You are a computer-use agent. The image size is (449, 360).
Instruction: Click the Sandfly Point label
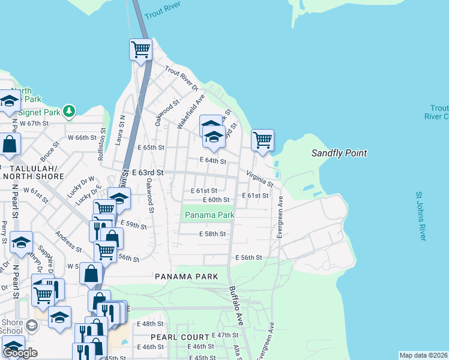coord(339,154)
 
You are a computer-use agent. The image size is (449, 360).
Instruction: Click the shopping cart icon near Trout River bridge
coord(140,49)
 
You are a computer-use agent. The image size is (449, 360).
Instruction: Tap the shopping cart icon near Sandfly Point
coord(262,140)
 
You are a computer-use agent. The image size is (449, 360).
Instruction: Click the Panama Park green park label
coord(209,215)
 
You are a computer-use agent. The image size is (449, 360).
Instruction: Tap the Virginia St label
coord(260,177)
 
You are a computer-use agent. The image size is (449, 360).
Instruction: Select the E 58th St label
coord(212,234)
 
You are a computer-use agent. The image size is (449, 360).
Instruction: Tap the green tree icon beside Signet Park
coord(70,111)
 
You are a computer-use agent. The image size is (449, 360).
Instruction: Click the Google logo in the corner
coord(20,353)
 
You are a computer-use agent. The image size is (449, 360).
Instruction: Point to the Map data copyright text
coord(423,355)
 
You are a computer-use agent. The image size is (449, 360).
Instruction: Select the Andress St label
coord(68,240)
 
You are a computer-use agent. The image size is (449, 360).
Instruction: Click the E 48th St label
coord(149,323)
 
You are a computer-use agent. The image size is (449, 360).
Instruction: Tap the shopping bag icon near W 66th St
coord(10,143)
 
